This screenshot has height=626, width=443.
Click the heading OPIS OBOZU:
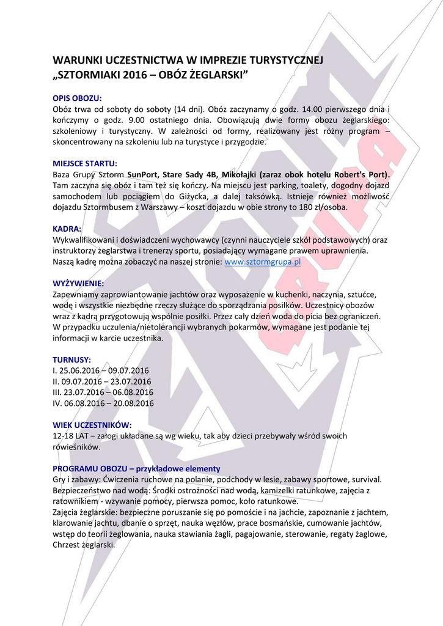point(77,98)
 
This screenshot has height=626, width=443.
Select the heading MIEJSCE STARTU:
point(85,163)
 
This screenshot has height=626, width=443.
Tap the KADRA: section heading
point(67,229)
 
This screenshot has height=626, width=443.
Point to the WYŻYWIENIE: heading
point(78,284)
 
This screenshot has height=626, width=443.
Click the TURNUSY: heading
point(71,359)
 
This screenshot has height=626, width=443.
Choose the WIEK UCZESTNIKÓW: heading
point(92,425)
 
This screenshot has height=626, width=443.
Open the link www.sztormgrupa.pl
point(263,262)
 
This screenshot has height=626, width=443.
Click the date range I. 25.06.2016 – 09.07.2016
point(101,370)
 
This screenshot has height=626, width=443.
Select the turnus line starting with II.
point(102,381)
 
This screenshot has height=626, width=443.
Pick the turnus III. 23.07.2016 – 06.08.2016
point(103,392)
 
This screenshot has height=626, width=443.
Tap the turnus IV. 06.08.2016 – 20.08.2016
point(103,403)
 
